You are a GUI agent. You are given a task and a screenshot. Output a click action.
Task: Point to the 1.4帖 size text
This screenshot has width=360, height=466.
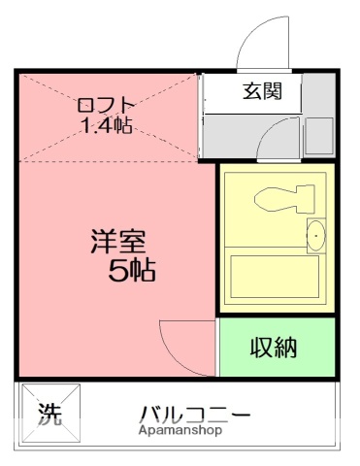(x=106, y=125)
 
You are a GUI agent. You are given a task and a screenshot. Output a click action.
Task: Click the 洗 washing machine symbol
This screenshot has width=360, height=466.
(x=49, y=415)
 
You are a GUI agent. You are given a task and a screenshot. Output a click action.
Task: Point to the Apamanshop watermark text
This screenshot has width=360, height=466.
(x=180, y=430)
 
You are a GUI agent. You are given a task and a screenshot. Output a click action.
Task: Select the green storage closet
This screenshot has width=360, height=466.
(x=276, y=347)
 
